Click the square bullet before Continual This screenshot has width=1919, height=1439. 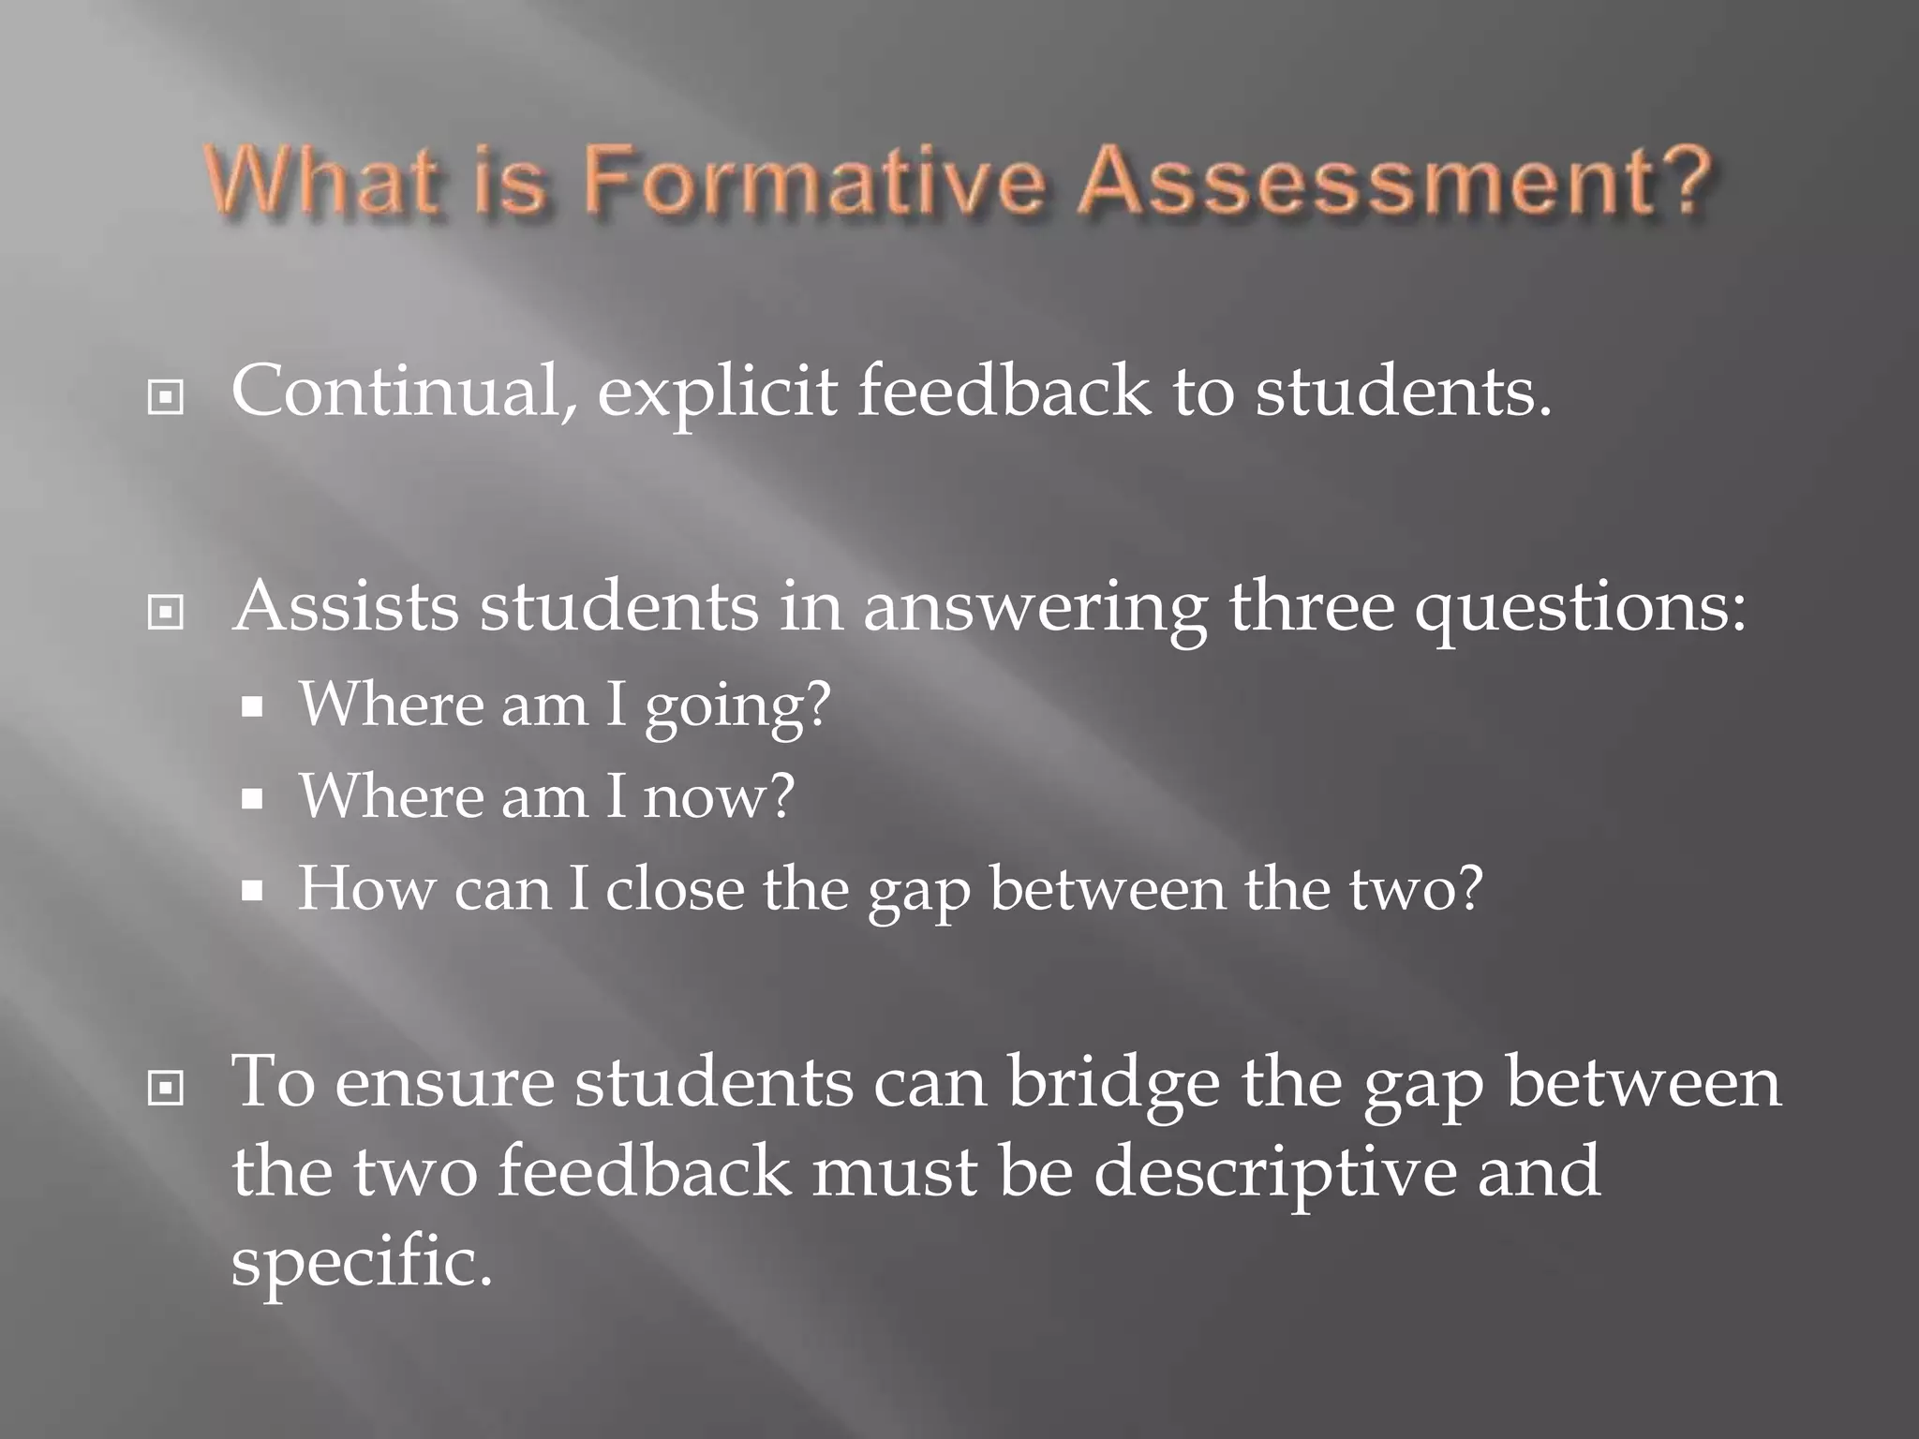(x=166, y=398)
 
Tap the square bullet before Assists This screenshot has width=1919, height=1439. (x=166, y=613)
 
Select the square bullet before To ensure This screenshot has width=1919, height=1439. (x=166, y=1088)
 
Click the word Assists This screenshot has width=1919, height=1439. (x=346, y=607)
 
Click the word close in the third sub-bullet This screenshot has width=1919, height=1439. (x=675, y=888)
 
